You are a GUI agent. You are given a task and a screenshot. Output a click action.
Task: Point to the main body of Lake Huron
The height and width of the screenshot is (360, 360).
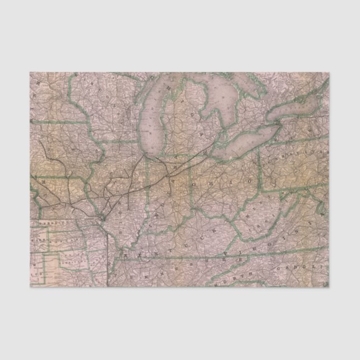221,106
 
